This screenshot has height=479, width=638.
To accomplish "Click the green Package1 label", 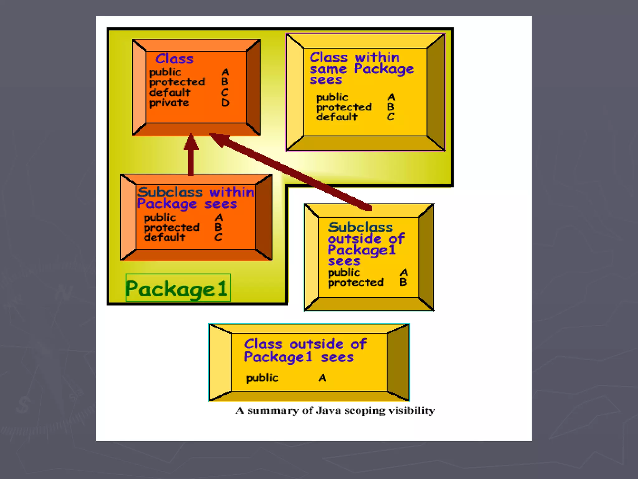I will pos(178,288).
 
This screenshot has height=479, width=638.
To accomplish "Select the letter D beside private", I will pos(225,103).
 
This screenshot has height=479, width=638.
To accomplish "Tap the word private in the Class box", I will pos(169,103).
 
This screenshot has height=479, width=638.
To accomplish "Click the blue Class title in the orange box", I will pos(174,59).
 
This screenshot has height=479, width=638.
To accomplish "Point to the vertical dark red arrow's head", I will pos(191,142).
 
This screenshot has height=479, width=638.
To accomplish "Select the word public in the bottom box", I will pos(262,378).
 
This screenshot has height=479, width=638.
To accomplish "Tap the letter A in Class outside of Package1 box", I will pos(322,378).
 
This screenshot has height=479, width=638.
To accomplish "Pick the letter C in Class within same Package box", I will pos(391,117).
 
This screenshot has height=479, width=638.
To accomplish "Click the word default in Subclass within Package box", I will pos(164,237).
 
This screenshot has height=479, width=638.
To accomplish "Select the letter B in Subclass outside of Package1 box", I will pos(403,282).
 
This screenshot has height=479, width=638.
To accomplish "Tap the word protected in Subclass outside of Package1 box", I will pos(356,283).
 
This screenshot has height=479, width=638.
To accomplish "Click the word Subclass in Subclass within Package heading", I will pos(170,192).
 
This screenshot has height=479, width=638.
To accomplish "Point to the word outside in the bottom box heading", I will pos(316,344).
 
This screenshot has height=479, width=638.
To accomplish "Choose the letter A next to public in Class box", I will pos(225,72).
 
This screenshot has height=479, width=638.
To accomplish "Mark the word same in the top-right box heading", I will pos(328,69).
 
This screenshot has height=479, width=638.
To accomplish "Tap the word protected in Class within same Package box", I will pos(344,107).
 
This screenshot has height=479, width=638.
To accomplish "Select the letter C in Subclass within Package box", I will pos(218,237).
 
